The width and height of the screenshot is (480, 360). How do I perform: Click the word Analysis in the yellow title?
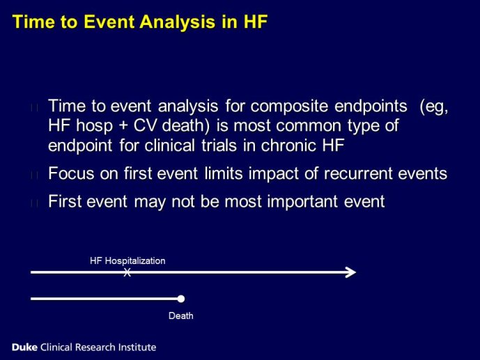coord(177,22)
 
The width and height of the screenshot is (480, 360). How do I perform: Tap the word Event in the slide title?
coord(109,22)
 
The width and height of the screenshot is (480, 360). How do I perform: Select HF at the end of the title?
coord(256,22)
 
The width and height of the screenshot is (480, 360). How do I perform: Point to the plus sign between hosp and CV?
coord(123,126)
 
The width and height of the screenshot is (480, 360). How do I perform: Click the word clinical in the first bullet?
coord(169,145)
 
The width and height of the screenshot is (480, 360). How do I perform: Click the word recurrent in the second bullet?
coord(358,173)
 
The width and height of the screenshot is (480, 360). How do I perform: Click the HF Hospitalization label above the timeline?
coord(127,261)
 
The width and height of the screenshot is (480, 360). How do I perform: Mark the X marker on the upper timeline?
coord(127,272)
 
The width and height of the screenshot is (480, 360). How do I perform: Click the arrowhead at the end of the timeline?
coord(351,272)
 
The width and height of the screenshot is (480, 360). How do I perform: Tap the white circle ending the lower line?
coord(181,299)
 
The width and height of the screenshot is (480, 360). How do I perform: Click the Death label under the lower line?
coord(181,315)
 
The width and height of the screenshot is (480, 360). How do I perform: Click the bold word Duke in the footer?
coord(24,347)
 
